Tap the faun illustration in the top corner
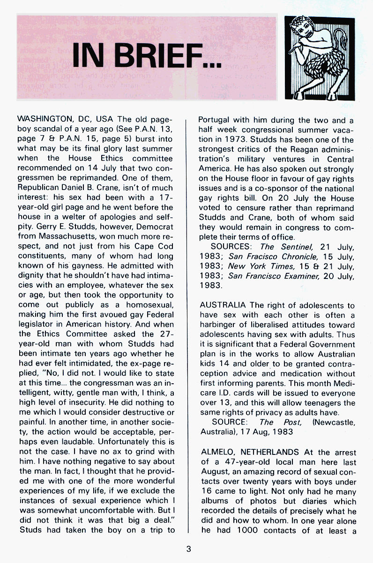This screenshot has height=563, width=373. tap(320, 57)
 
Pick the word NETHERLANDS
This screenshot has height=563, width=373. tap(271, 452)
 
